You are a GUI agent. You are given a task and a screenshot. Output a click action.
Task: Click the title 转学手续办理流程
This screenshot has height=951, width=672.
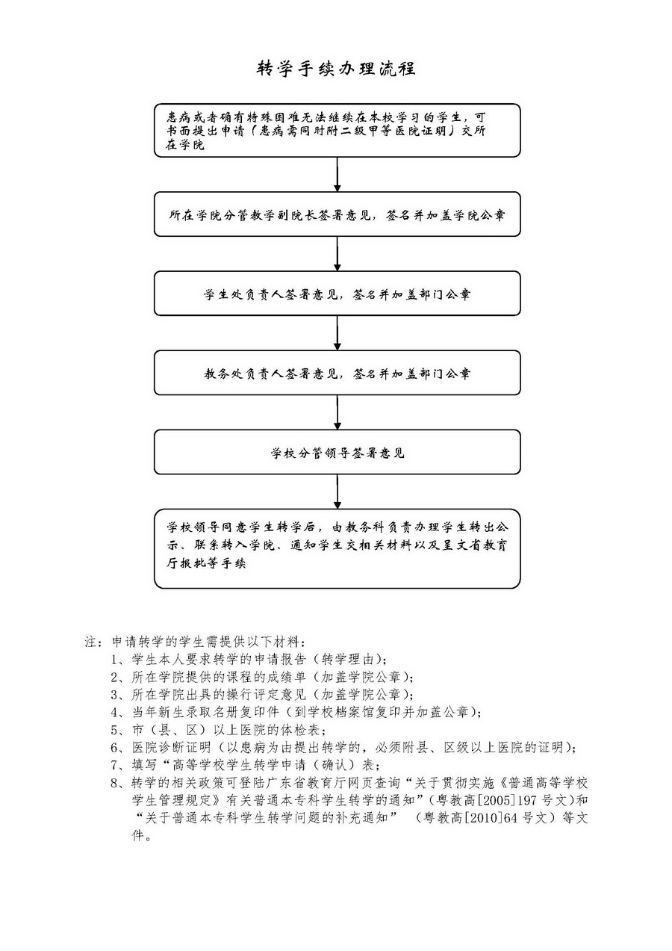(x=336, y=69)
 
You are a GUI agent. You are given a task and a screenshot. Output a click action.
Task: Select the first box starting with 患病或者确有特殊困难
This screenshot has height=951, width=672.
(x=337, y=130)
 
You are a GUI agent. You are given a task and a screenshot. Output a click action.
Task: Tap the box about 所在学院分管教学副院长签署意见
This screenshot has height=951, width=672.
(x=337, y=214)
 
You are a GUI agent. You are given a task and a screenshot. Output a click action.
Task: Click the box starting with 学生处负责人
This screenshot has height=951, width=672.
(x=337, y=294)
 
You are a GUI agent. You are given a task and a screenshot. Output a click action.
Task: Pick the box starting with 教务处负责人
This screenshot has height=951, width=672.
(x=337, y=373)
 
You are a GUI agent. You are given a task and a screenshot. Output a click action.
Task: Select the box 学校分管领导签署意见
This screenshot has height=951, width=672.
(x=337, y=452)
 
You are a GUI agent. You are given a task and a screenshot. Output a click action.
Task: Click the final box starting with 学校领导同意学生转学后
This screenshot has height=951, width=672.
(x=337, y=548)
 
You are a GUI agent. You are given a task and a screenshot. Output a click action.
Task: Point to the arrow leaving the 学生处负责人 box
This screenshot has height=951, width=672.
(x=337, y=333)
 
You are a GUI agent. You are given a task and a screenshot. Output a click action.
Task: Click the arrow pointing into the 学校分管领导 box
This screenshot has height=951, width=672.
(x=337, y=412)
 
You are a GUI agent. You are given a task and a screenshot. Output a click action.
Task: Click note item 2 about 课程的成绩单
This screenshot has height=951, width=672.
(x=261, y=678)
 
